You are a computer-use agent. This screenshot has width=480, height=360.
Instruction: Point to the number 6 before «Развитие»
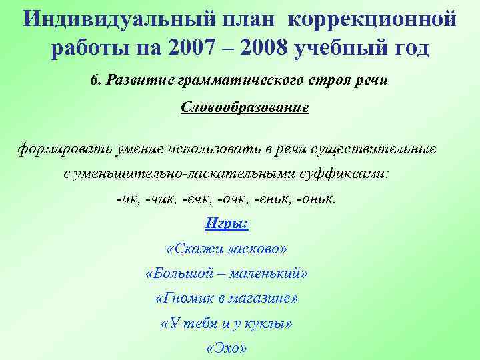(x=94, y=80)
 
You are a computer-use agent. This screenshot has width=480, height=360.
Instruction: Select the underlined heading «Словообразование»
(x=245, y=107)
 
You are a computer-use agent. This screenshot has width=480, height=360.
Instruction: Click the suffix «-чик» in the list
(x=162, y=199)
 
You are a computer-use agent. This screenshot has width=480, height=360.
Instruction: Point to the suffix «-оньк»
(x=317, y=199)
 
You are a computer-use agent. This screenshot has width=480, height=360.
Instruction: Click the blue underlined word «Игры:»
(x=227, y=224)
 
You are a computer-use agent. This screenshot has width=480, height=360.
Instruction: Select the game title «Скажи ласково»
(x=227, y=249)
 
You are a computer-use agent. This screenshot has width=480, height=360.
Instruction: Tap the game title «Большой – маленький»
(x=227, y=274)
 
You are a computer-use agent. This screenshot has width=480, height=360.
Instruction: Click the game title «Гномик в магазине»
(x=227, y=299)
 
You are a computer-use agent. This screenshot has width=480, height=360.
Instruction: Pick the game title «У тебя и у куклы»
(x=227, y=324)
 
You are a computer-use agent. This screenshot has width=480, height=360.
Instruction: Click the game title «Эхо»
(x=227, y=349)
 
